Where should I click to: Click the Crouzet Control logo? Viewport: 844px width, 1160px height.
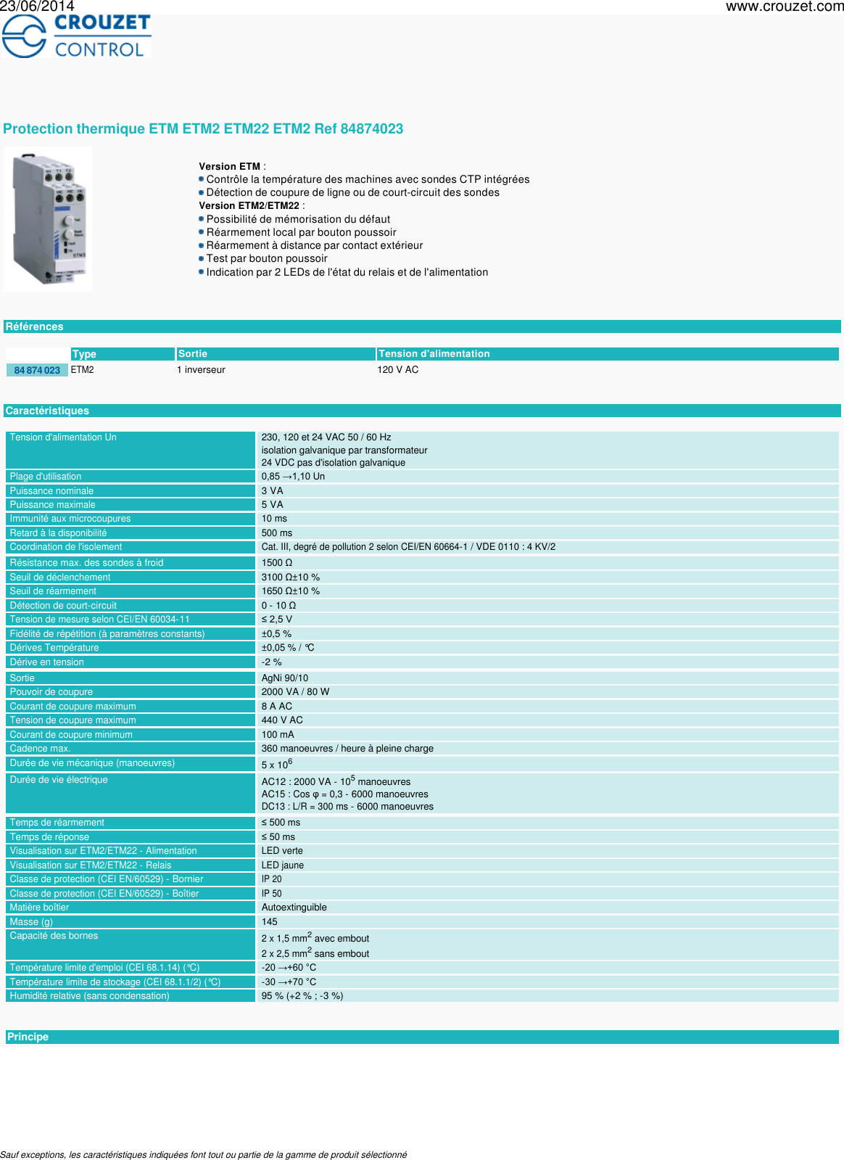click(76, 36)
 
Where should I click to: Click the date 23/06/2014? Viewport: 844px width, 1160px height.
click(37, 7)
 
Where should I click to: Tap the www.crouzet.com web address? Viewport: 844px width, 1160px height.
click(785, 7)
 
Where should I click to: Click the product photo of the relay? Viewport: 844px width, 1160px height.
click(48, 219)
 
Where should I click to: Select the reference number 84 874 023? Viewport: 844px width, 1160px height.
click(37, 370)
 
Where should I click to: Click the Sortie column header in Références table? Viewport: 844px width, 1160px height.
click(193, 354)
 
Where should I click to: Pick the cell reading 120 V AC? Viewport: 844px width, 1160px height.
click(397, 370)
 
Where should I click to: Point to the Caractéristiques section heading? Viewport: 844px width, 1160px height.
click(47, 411)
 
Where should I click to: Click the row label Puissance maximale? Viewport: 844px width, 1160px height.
click(52, 505)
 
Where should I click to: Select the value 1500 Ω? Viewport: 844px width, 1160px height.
click(277, 563)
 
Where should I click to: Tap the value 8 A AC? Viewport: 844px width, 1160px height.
click(277, 707)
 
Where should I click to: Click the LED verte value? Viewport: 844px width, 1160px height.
click(282, 851)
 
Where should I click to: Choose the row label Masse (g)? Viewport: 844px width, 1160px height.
click(31, 922)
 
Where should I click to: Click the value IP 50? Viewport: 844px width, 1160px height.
click(272, 894)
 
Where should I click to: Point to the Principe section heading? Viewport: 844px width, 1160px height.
click(28, 1037)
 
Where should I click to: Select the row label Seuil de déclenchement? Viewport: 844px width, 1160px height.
click(60, 577)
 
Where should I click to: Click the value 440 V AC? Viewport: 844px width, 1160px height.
click(282, 720)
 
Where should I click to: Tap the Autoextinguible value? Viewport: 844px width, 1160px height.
click(294, 908)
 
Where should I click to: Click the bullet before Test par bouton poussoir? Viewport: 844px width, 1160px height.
click(202, 258)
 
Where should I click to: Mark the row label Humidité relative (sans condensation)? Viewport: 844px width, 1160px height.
click(89, 996)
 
